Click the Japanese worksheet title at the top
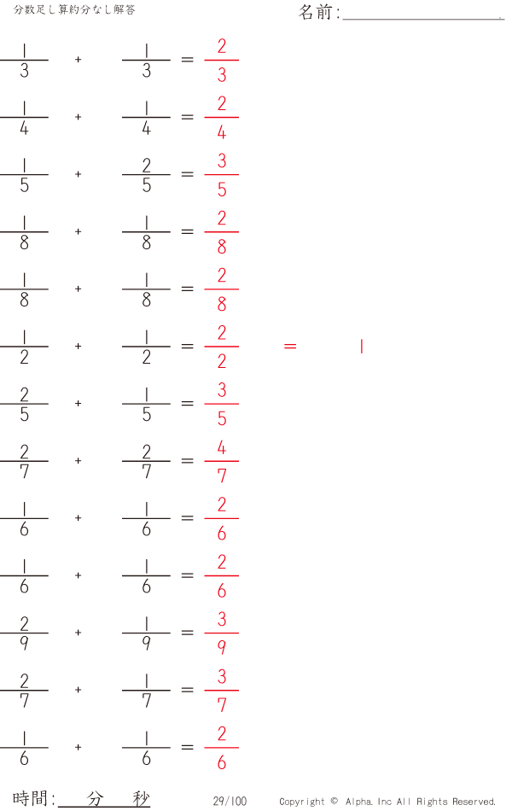(74, 10)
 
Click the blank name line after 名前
(423, 19)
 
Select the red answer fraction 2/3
(221, 61)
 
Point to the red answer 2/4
(221, 118)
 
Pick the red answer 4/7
(221, 461)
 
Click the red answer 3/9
(221, 633)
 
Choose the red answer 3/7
(221, 690)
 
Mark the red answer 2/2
(221, 347)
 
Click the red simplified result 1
(362, 347)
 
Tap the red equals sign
(290, 347)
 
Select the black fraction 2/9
(24, 633)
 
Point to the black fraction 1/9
(147, 633)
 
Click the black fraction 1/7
(147, 690)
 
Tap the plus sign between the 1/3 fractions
(79, 60)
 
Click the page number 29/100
(230, 801)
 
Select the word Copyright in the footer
(301, 802)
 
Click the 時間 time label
(31, 798)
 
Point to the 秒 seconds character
(141, 798)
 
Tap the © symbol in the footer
(335, 801)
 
